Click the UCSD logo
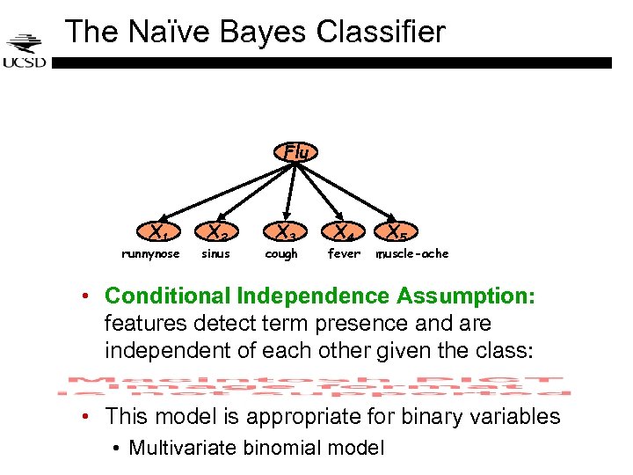tap(24, 50)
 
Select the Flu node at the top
tap(297, 152)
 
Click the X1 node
tap(159, 233)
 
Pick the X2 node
tap(218, 233)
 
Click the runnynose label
tap(150, 254)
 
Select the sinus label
tap(215, 254)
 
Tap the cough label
tap(281, 254)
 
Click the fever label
tap(344, 254)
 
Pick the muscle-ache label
tap(412, 254)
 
